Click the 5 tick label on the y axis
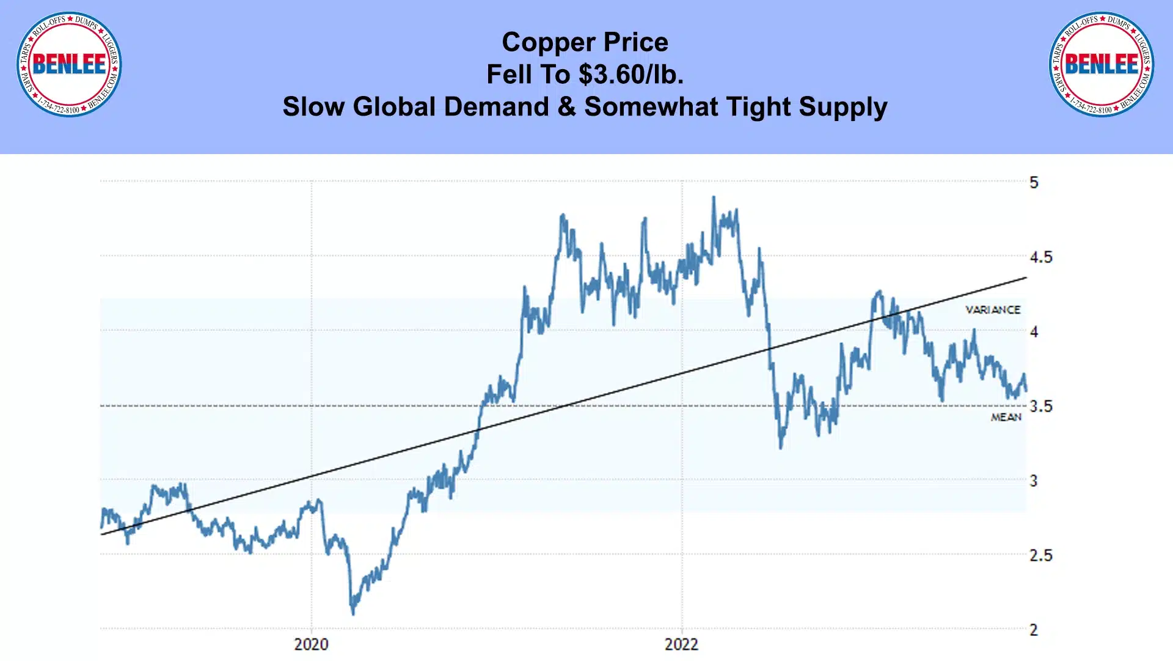(1034, 182)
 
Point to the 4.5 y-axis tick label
(1041, 257)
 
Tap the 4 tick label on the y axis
(1034, 332)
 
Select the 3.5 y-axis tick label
(1041, 407)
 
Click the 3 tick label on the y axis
(1034, 481)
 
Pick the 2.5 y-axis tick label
(1041, 556)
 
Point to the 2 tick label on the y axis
(1034, 630)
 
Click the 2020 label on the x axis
(311, 644)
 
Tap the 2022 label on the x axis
(681, 644)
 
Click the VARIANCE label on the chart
(993, 310)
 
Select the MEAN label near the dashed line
(1006, 417)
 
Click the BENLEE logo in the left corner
(69, 64)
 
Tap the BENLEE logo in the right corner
(1102, 64)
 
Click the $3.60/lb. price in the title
(631, 75)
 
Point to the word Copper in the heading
(549, 43)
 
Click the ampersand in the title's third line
(567, 107)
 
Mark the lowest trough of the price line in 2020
(353, 613)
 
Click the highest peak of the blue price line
(713, 198)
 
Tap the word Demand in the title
(497, 107)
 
